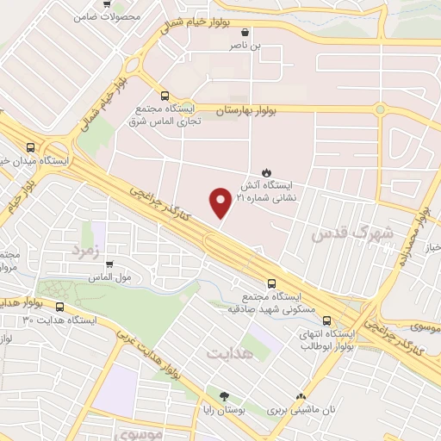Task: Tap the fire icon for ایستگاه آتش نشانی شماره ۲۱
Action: pyautogui.click(x=266, y=171)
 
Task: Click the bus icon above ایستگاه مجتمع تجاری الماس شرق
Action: pyautogui.click(x=164, y=96)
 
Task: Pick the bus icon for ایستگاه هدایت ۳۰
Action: pyautogui.click(x=59, y=306)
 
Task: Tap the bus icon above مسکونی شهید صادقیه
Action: pyautogui.click(x=272, y=283)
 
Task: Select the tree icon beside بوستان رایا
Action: pyautogui.click(x=224, y=397)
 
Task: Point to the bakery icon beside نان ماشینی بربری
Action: pyautogui.click(x=301, y=397)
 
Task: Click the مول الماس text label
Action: pyautogui.click(x=109, y=277)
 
